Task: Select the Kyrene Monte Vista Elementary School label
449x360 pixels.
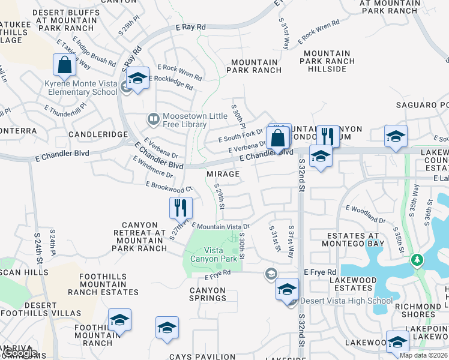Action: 81,88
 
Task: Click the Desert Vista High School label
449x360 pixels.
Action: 334,301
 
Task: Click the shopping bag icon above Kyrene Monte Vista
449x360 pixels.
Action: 64,65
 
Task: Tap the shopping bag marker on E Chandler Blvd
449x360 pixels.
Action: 279,137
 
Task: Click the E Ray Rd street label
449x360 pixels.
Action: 191,27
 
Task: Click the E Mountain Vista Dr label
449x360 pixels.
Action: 220,226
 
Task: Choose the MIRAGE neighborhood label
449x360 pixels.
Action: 223,174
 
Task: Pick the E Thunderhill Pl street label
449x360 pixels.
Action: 65,108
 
